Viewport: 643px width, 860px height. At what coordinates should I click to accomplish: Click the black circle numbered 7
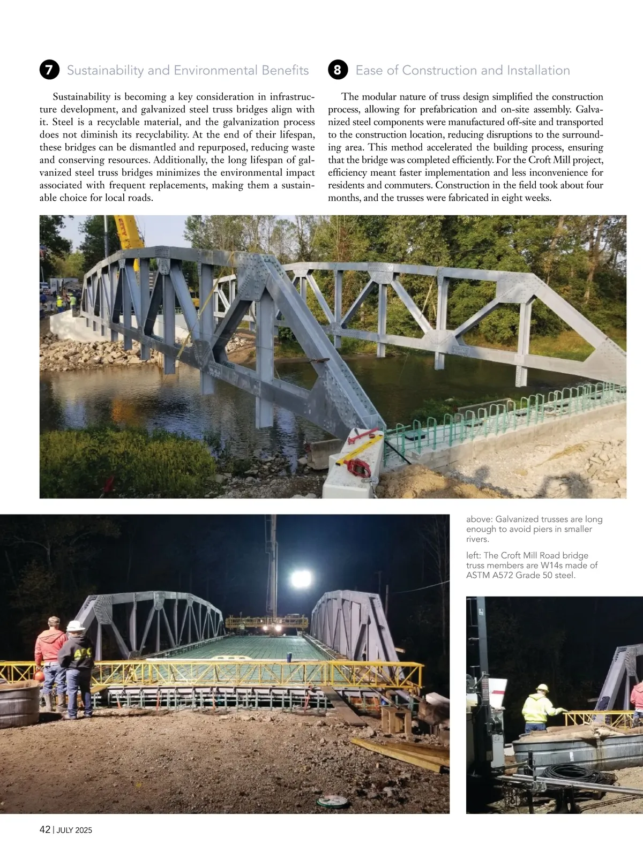(49, 70)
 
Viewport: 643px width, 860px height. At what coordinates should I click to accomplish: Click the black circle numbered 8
(338, 70)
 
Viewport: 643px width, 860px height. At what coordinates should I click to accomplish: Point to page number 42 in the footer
(45, 829)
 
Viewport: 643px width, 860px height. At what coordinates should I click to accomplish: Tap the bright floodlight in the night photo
(301, 578)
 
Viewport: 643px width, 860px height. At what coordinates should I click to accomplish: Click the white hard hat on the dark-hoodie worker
(76, 625)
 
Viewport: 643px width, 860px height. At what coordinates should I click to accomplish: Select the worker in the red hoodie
(50, 661)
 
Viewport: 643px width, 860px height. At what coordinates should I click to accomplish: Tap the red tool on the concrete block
(358, 468)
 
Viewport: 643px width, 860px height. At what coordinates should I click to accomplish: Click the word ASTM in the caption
(478, 575)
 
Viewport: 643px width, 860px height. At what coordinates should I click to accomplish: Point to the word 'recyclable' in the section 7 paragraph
(119, 122)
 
